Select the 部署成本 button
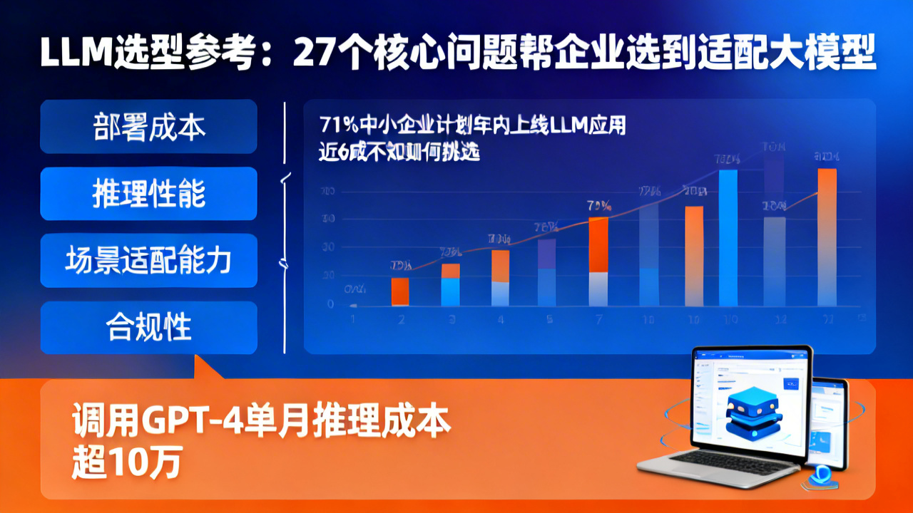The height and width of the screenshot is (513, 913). (148, 127)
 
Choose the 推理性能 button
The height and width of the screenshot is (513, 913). (148, 194)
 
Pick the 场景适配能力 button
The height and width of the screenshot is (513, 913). (148, 261)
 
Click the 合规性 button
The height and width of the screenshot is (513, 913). (148, 328)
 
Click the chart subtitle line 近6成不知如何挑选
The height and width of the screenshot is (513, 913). (399, 151)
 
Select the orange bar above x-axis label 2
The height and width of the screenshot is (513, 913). (400, 291)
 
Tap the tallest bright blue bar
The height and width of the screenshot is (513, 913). (728, 238)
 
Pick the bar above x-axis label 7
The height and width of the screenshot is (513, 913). (598, 261)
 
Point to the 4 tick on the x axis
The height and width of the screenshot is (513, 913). (500, 320)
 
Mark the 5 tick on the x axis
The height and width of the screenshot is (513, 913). (549, 320)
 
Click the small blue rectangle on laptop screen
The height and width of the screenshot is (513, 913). (790, 384)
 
